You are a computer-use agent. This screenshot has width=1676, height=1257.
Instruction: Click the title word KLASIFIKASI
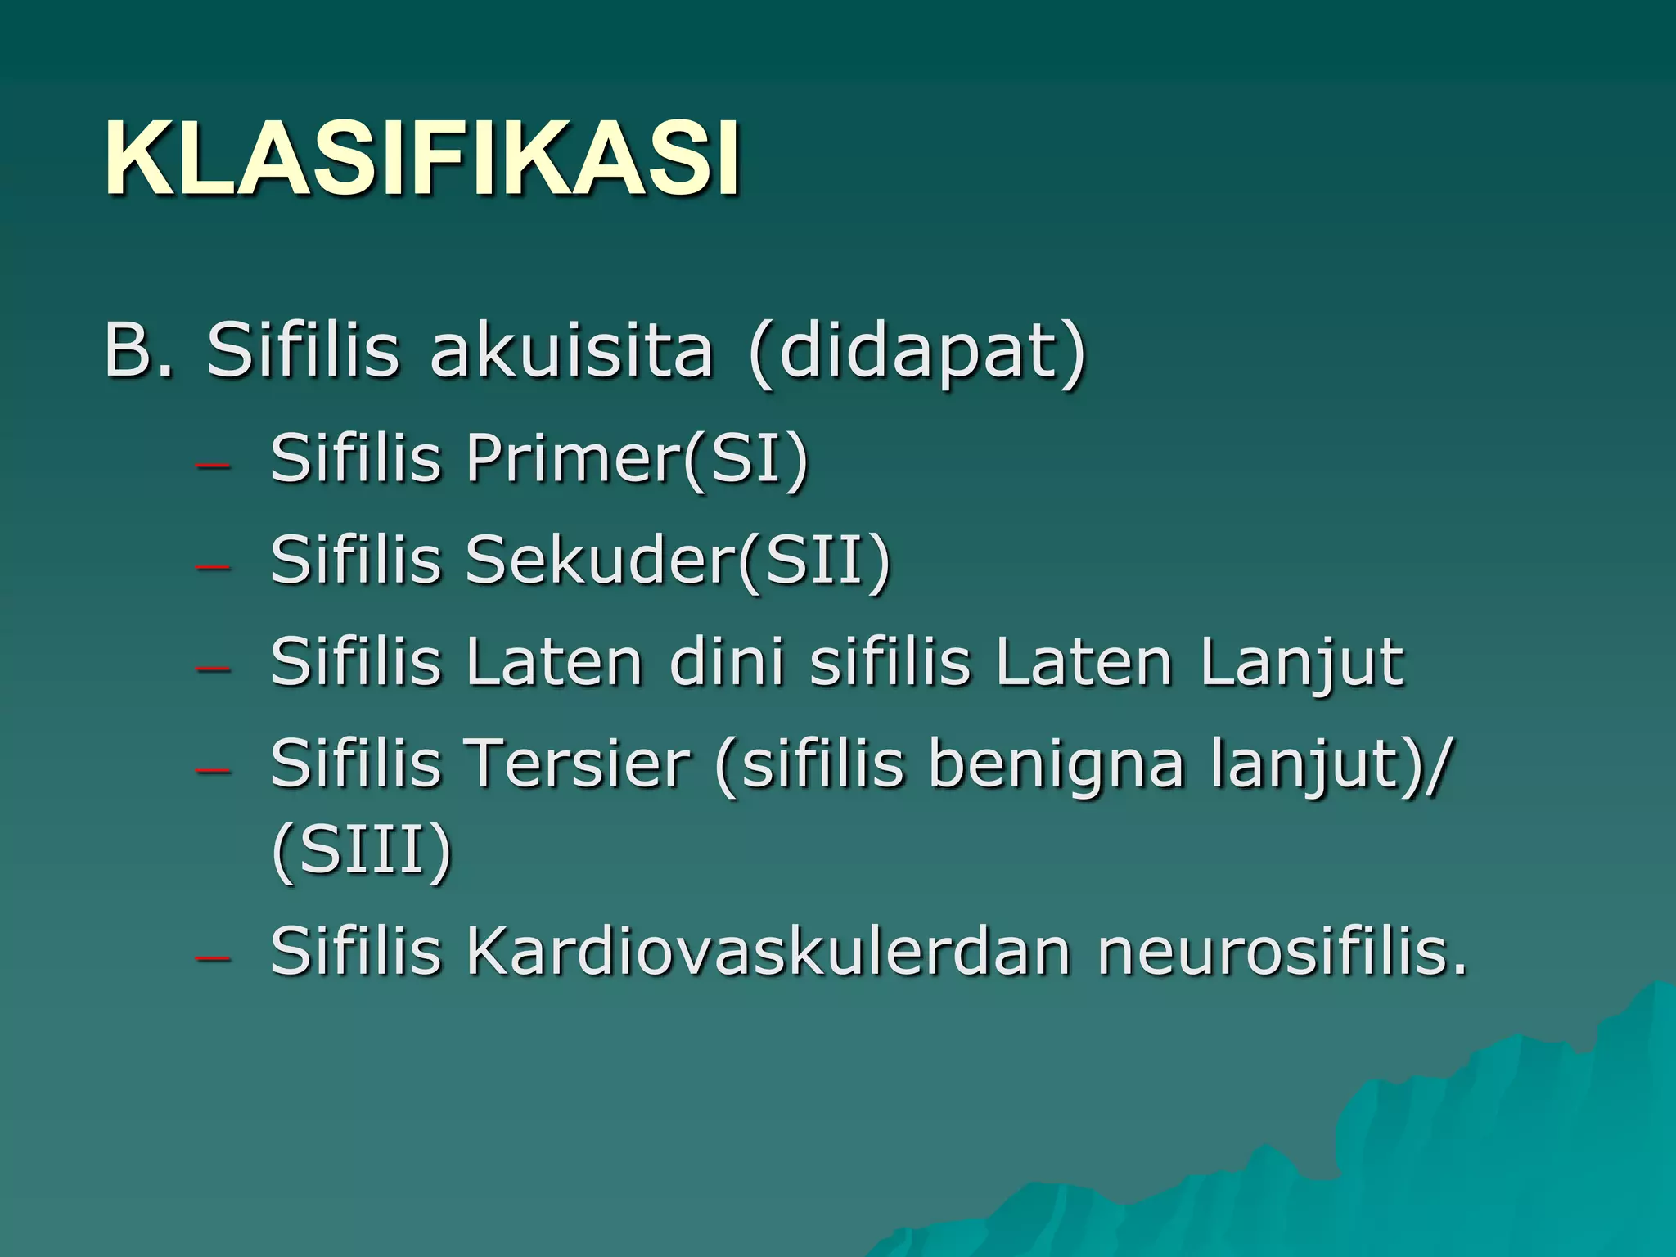point(422,159)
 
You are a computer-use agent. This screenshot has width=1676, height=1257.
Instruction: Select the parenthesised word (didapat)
point(917,354)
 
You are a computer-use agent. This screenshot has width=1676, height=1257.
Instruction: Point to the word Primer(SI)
point(637,460)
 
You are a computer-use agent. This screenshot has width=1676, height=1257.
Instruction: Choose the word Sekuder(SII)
point(678,561)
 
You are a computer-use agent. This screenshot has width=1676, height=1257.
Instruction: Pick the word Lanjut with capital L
point(1301,663)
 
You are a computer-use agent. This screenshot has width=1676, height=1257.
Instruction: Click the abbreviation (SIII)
point(361,851)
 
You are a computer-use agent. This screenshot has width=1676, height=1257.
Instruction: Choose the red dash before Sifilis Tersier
point(212,770)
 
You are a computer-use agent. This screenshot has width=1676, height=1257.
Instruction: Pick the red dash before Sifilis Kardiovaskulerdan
point(212,957)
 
